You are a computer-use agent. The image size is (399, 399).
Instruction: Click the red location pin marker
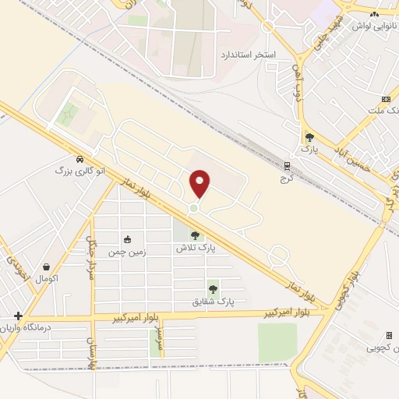(200, 182)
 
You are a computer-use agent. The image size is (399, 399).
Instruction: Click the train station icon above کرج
(286, 166)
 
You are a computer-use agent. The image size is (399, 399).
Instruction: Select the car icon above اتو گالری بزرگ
(80, 157)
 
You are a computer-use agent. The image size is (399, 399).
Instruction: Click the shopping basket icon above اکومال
(47, 266)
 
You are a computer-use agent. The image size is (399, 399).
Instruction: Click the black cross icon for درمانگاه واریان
(18, 316)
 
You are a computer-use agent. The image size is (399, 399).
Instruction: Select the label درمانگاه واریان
(49, 328)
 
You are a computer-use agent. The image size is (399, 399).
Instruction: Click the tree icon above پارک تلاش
(195, 235)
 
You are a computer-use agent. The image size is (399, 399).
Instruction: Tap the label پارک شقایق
(214, 300)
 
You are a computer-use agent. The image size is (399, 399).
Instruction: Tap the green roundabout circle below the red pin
(193, 208)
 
